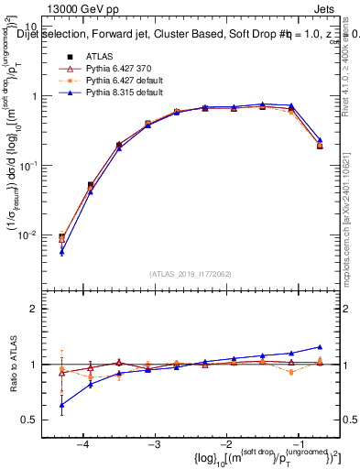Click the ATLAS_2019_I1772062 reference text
pyautogui.click(x=191, y=274)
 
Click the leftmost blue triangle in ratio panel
pyautogui.click(x=61, y=405)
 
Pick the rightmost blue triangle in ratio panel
pyautogui.click(x=320, y=346)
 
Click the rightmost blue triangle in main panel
pyautogui.click(x=320, y=140)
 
